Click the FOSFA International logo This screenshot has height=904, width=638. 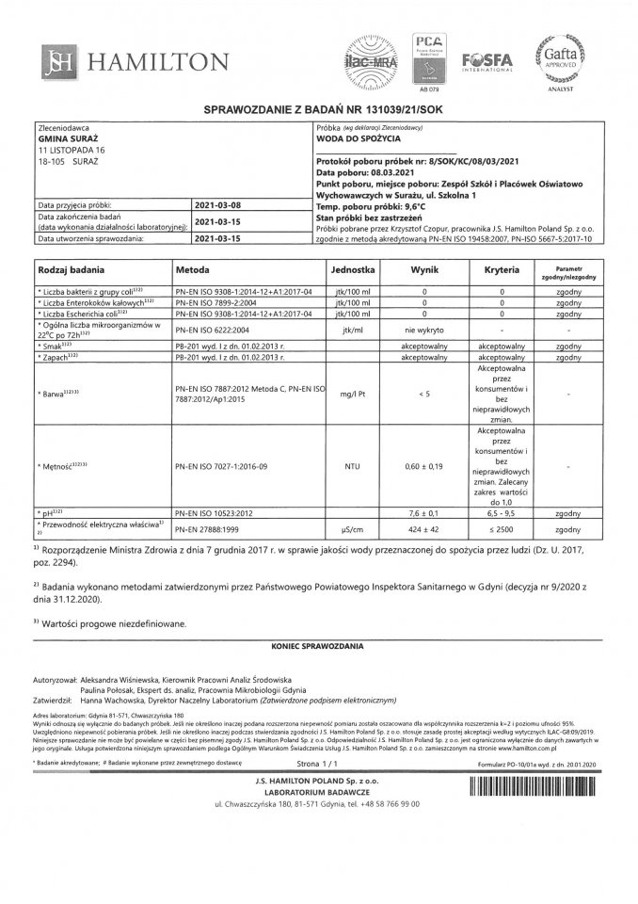pyautogui.click(x=486, y=60)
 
